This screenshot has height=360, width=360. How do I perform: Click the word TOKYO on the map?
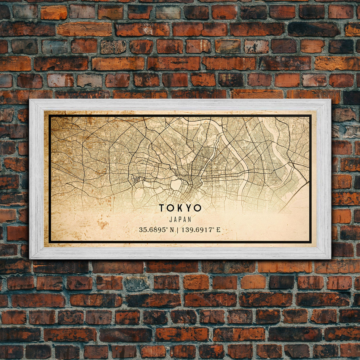[x=180, y=208]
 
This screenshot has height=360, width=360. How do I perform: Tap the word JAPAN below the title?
[x=180, y=219]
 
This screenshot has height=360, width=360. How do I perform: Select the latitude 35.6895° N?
[x=156, y=230]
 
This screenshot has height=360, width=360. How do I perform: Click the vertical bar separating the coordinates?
[x=177, y=230]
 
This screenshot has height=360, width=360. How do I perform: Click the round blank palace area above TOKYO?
[x=176, y=185]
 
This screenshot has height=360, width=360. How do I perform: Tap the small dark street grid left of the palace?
[x=137, y=180]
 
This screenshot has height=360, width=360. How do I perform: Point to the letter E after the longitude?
[x=218, y=230]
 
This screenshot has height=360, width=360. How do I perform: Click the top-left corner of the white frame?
[x=30, y=100]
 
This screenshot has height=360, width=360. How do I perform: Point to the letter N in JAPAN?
[x=189, y=219]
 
